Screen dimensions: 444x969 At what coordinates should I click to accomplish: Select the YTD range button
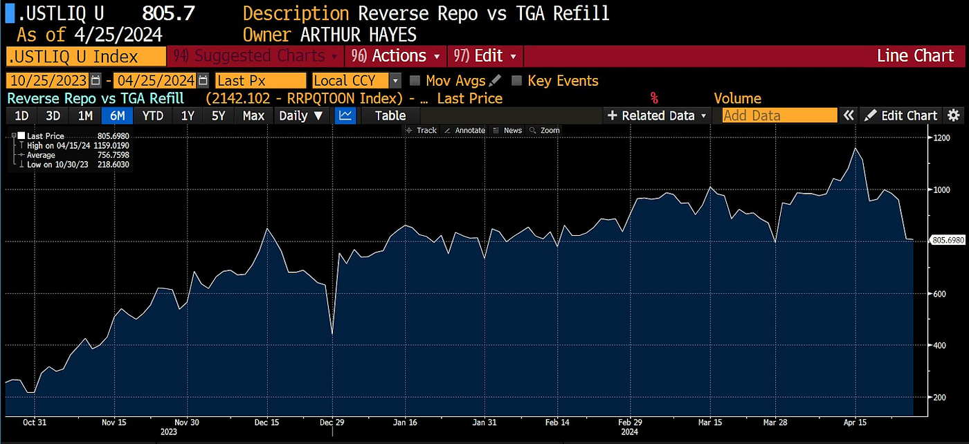pos(152,115)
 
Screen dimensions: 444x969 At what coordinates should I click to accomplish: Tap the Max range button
pos(253,115)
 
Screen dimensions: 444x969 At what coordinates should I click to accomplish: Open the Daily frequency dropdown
pos(300,115)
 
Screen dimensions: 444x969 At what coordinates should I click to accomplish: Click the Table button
pos(390,115)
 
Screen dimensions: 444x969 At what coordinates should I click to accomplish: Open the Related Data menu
pos(658,115)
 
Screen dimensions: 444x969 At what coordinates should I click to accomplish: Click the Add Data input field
pos(779,115)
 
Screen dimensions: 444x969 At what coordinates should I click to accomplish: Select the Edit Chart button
pos(901,115)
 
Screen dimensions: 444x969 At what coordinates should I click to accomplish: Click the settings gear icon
pos(954,115)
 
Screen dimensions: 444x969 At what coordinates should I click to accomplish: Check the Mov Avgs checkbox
pos(415,81)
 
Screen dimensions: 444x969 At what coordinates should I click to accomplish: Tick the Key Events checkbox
pos(516,81)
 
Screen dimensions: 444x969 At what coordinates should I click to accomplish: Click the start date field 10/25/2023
pos(47,81)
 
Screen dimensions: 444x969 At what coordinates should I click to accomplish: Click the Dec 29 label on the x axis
pos(332,422)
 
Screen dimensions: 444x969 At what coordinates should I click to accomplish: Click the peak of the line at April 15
pos(856,148)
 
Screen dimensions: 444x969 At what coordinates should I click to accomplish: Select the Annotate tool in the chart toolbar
pos(464,130)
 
